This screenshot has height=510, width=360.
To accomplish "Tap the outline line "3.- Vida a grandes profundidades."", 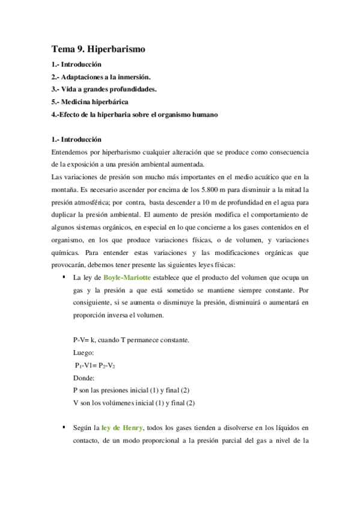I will click(103, 89).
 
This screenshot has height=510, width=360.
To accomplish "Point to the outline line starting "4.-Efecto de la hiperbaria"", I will click(133, 114).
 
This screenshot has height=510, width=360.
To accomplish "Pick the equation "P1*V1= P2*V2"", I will click(95, 366).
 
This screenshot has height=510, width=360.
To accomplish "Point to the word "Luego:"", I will click(83, 353).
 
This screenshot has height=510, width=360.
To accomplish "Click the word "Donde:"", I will click(84, 378).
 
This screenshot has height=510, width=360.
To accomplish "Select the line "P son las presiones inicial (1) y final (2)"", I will click(130, 390).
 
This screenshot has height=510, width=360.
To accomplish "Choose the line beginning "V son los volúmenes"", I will click(133, 403).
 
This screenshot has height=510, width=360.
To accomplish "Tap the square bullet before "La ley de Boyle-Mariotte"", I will click(63, 277).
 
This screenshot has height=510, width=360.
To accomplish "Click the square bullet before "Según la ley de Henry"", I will click(63, 427).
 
